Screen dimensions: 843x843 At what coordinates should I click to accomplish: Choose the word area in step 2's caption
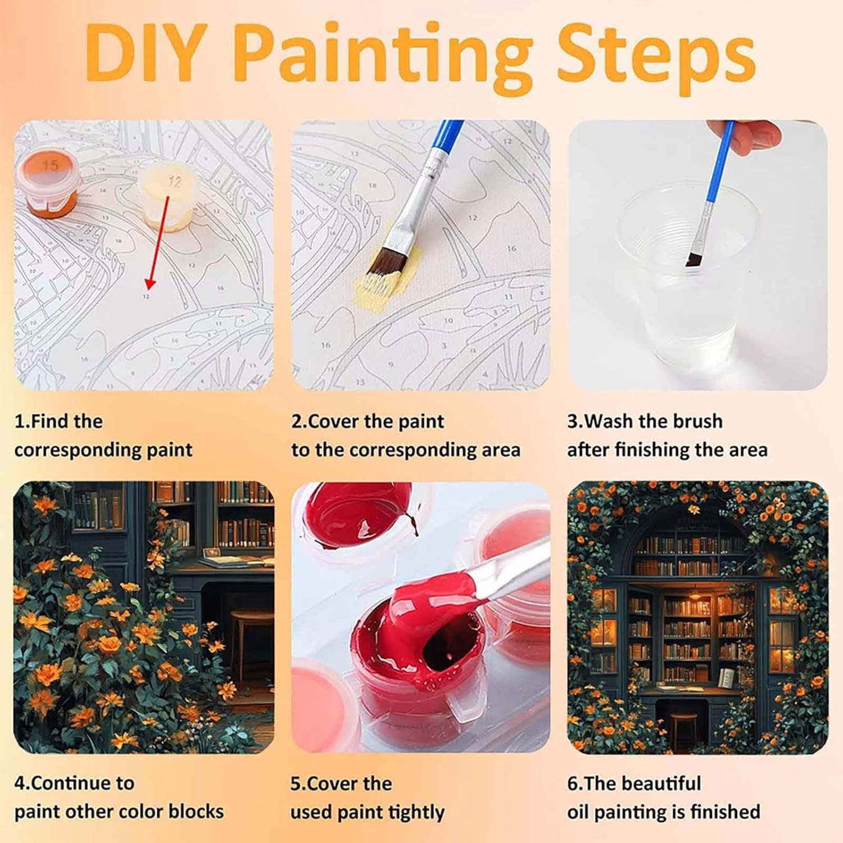click(x=496, y=451)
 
